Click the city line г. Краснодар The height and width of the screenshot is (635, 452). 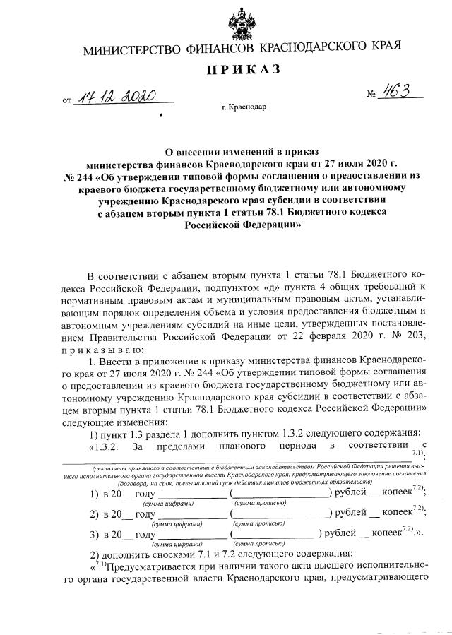click(x=244, y=108)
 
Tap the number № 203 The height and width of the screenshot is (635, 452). click(x=408, y=336)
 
